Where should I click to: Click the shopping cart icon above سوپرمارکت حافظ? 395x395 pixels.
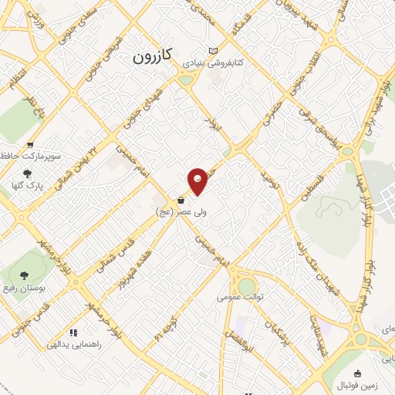coord(30,144)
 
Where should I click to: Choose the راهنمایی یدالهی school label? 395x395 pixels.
coord(96,346)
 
